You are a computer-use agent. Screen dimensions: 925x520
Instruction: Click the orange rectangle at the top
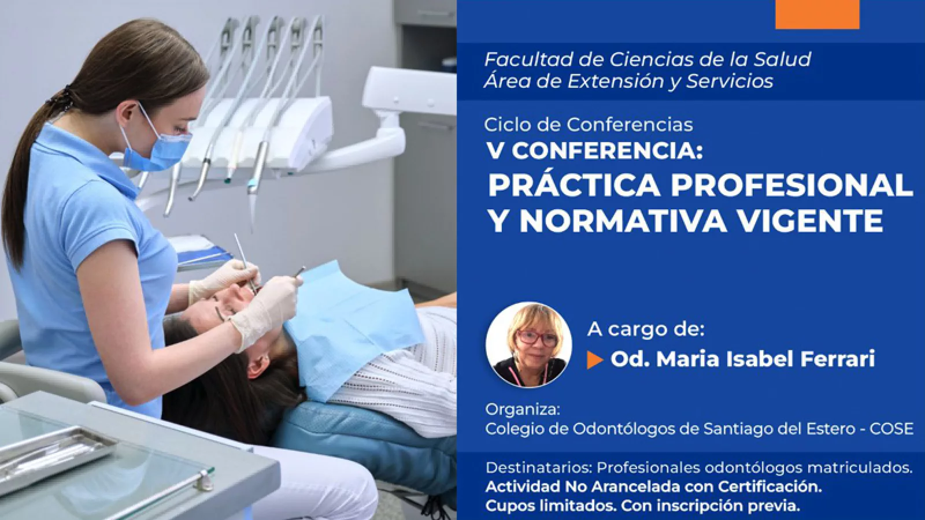pos(817,14)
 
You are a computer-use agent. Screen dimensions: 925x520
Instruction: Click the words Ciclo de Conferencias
pos(589,125)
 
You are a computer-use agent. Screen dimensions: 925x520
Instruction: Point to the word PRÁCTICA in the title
pos(575,185)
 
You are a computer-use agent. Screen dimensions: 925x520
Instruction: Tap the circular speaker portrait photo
pos(529,346)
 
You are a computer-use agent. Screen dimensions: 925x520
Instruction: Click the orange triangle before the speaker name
pos(595,360)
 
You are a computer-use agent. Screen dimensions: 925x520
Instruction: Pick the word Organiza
pos(523,410)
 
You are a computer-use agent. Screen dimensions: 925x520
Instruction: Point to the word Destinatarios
pos(538,468)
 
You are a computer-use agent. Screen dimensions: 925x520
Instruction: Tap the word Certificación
pos(770,487)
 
